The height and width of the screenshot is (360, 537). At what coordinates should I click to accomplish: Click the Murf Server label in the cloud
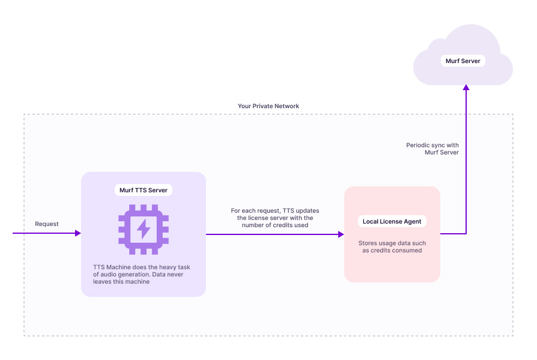point(463,61)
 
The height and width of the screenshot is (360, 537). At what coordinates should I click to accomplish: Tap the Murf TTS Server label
point(144,191)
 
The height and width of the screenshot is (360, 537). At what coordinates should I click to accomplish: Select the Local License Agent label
point(392,222)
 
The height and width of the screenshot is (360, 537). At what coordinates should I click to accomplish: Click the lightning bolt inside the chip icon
point(144,229)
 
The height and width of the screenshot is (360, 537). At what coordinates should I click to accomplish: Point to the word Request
point(47,224)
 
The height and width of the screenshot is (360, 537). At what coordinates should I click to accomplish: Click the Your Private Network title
point(268,106)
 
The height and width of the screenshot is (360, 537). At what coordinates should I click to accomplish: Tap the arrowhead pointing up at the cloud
point(466,88)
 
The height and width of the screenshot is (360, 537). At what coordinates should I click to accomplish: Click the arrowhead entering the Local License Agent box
point(341,234)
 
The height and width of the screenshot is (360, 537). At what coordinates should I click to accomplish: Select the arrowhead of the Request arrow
point(77,233)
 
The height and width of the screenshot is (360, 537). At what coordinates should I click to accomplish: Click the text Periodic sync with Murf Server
point(432,149)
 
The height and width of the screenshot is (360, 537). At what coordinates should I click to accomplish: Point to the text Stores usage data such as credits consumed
point(392,246)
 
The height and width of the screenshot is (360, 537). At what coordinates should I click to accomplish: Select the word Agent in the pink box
point(411,222)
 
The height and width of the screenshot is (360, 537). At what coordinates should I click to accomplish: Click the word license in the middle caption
point(261,218)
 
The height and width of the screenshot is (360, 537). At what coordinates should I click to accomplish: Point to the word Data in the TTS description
point(158,273)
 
